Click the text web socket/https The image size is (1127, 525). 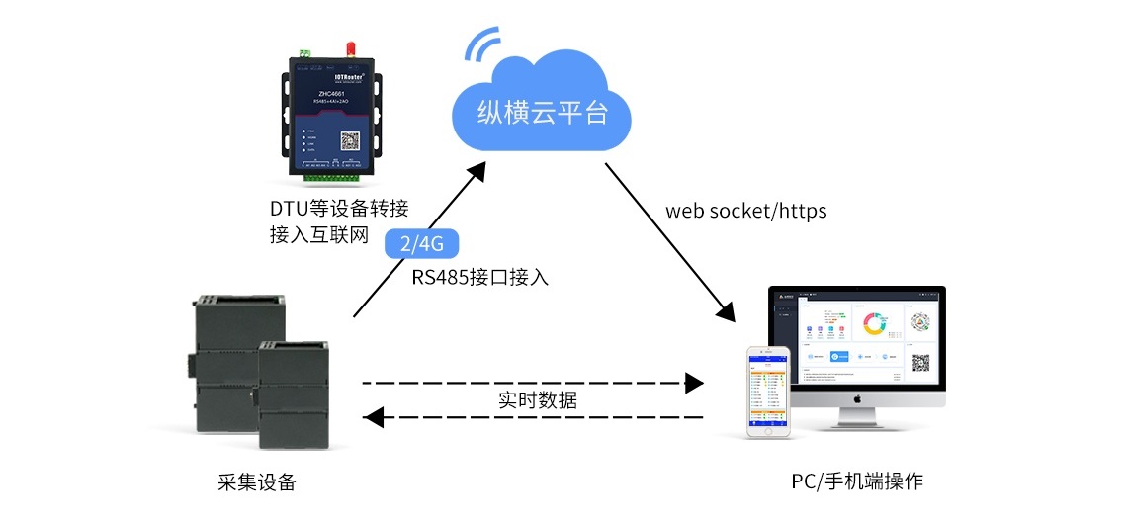(745, 211)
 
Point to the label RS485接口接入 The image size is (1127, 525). (480, 277)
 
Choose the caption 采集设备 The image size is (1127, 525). (257, 482)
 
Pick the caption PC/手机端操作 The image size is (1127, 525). (856, 482)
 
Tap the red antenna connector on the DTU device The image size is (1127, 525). (350, 48)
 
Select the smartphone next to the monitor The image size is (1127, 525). (769, 392)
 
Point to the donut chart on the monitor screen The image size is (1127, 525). (873, 324)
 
